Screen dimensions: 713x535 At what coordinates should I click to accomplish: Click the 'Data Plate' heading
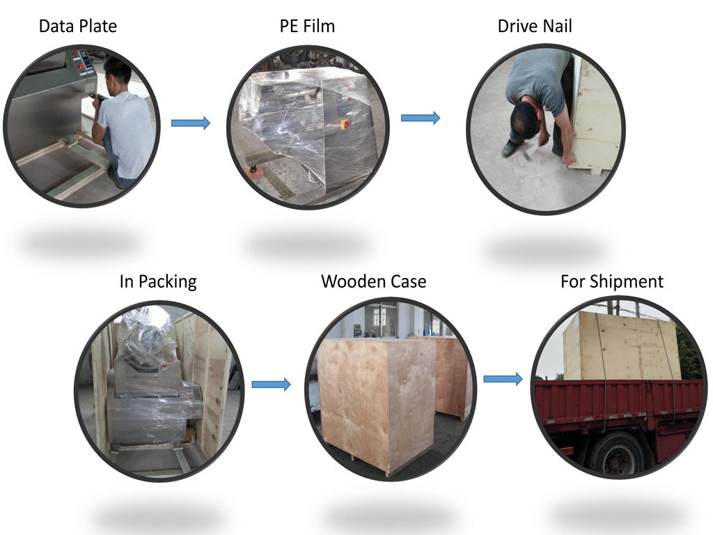tap(78, 26)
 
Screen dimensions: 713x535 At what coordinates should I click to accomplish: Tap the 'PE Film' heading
tap(307, 26)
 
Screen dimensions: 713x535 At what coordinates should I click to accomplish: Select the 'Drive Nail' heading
tap(535, 26)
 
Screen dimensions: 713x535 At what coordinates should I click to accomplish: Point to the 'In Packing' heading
tap(158, 281)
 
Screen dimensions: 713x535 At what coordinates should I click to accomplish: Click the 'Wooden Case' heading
tap(374, 281)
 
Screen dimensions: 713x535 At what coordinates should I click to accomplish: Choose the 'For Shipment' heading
tap(612, 281)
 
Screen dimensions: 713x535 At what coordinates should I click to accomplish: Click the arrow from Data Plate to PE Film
tap(191, 123)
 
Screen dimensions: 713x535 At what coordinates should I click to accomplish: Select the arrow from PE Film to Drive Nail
tap(421, 118)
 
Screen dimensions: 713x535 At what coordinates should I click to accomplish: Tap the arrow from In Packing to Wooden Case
tap(271, 385)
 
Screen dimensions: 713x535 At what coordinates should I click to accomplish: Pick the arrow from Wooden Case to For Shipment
tap(503, 379)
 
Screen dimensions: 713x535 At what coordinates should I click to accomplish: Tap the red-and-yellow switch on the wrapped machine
tap(345, 124)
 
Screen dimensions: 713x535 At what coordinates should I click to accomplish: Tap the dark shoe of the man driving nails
tap(510, 149)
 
